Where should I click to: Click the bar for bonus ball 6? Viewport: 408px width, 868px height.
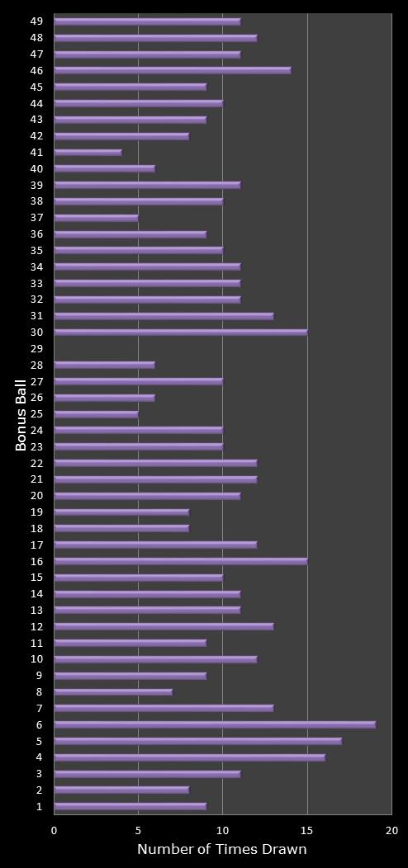coord(215,724)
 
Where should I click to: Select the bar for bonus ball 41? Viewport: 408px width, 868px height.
coord(88,152)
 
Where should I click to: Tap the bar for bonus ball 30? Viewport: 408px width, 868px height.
coord(180,333)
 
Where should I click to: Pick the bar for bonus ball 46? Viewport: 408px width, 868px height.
coord(172,70)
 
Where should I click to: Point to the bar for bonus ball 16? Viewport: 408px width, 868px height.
coord(180,561)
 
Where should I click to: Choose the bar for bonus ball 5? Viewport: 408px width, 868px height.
coord(197,741)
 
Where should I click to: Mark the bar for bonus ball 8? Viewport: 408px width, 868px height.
coord(113,691)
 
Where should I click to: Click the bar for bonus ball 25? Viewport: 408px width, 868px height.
coord(96,414)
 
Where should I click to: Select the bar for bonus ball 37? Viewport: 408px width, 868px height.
coord(96,218)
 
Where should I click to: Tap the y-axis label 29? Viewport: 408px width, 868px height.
coord(36,349)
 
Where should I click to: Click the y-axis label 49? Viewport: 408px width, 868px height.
coord(36,21)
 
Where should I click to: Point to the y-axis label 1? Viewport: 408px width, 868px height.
coord(39,806)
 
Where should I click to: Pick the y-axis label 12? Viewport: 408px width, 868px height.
coord(36,626)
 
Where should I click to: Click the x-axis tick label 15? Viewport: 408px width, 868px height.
coord(307,830)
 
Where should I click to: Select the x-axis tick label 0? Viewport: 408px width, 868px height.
coord(55,830)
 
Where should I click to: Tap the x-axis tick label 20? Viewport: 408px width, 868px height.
coord(391,830)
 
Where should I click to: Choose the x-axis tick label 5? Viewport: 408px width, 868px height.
coord(138,830)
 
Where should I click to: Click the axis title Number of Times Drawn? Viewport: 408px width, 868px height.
coord(221,849)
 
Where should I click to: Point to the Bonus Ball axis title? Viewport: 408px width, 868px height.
coord(21,414)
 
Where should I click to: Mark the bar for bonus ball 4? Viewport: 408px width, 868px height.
coord(189,757)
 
